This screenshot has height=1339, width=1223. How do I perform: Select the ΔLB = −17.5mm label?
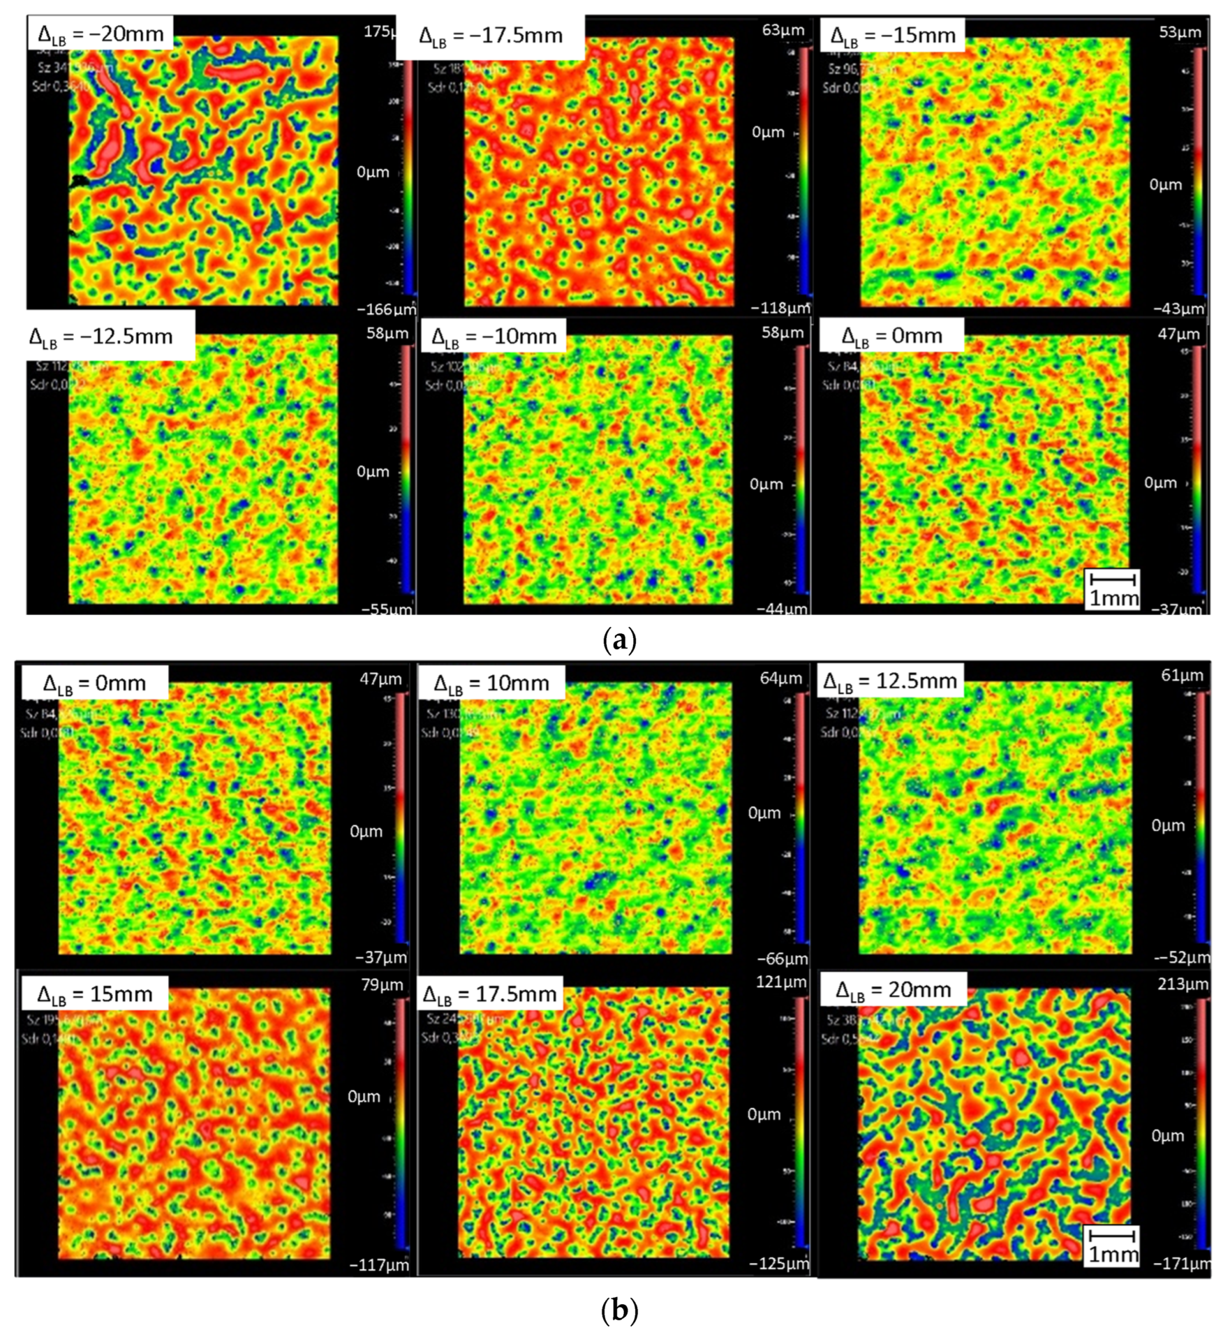[491, 36]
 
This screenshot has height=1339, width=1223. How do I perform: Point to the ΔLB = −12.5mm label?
[101, 336]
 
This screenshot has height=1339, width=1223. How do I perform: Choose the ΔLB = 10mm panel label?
[491, 683]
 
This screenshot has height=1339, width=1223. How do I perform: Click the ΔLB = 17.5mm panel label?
[490, 994]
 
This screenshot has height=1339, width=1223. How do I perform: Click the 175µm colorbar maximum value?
[380, 31]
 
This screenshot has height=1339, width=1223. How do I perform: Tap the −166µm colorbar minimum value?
[386, 309]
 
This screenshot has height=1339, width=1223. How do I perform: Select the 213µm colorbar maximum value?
[1183, 984]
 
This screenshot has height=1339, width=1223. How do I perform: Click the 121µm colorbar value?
[781, 981]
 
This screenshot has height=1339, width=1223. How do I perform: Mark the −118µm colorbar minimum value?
[780, 308]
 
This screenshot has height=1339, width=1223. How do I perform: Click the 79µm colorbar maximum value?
[382, 984]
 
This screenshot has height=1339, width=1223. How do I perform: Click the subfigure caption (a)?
[618, 640]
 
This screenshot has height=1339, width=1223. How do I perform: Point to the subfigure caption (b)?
[618, 1310]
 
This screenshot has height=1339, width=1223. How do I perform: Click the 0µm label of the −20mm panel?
[372, 173]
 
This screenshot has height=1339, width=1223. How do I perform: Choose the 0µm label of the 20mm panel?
[1168, 1136]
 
